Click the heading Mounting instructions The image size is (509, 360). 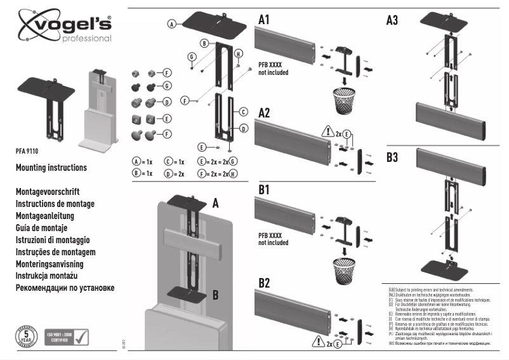coord(51,168)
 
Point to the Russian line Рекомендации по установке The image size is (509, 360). coord(65,288)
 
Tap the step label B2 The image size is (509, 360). coord(265,283)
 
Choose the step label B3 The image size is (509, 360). coord(392,157)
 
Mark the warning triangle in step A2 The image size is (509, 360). coord(327,133)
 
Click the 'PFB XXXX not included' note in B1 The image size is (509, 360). coord(274,239)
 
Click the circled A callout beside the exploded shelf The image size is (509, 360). coord(171,23)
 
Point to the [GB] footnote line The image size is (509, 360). coord(432,289)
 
